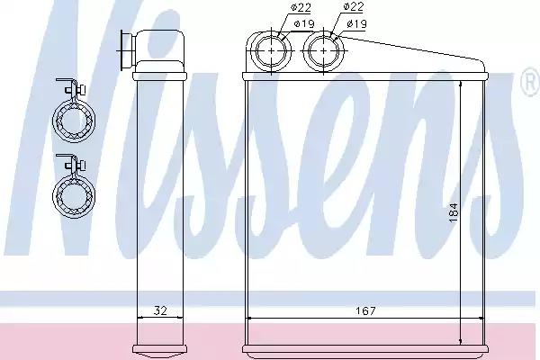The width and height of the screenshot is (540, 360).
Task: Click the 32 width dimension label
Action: pyautogui.click(x=158, y=311)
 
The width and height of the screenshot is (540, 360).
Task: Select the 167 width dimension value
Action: pyautogui.click(x=364, y=311)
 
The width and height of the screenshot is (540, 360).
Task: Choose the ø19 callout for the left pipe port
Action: pyautogui.click(x=279, y=22)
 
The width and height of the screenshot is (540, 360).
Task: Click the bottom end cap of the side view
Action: pyautogui.click(x=158, y=348)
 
